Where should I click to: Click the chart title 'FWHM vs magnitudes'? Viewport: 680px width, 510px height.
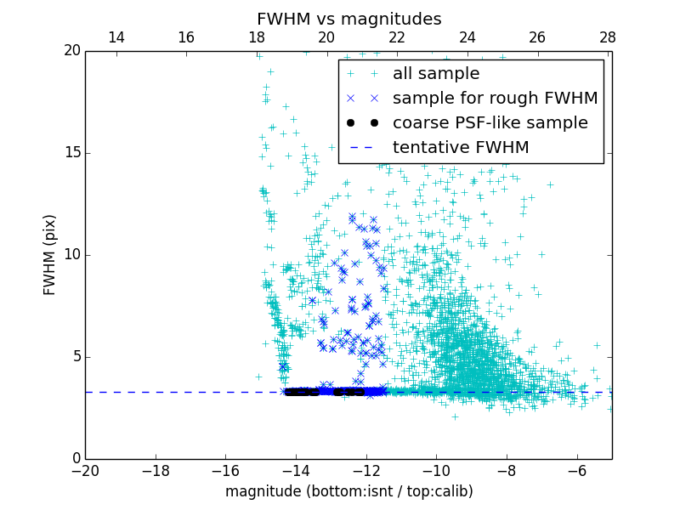pyautogui.click(x=348, y=19)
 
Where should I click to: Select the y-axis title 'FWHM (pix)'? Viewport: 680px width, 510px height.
pyautogui.click(x=50, y=254)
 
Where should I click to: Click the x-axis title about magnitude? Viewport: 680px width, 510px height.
pyautogui.click(x=348, y=491)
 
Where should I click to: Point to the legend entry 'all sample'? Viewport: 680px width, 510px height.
pyautogui.click(x=435, y=74)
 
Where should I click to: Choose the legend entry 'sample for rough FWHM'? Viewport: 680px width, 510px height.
pyautogui.click(x=495, y=99)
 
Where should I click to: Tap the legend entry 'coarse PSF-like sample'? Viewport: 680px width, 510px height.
pyautogui.click(x=490, y=123)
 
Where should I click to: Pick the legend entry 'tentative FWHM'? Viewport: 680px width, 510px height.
pyautogui.click(x=461, y=148)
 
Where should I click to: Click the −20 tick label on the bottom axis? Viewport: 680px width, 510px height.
pyautogui.click(x=85, y=471)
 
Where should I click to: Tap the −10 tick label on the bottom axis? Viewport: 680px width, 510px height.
pyautogui.click(x=435, y=471)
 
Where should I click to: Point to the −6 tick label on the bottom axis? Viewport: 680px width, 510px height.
pyautogui.click(x=576, y=471)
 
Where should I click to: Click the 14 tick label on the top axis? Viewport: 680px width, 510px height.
pyautogui.click(x=116, y=37)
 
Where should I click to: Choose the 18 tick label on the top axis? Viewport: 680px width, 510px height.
pyautogui.click(x=257, y=37)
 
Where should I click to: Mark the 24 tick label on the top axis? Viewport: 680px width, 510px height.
pyautogui.click(x=467, y=37)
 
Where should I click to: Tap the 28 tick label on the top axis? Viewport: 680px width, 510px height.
pyautogui.click(x=608, y=37)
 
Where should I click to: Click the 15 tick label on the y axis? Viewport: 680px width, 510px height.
pyautogui.click(x=71, y=153)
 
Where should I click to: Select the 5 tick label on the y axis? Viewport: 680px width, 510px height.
pyautogui.click(x=75, y=357)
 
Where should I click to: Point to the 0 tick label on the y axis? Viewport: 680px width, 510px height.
pyautogui.click(x=75, y=459)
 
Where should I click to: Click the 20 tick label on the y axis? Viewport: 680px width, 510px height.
pyautogui.click(x=71, y=51)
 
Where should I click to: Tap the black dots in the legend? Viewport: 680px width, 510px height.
pyautogui.click(x=362, y=123)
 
